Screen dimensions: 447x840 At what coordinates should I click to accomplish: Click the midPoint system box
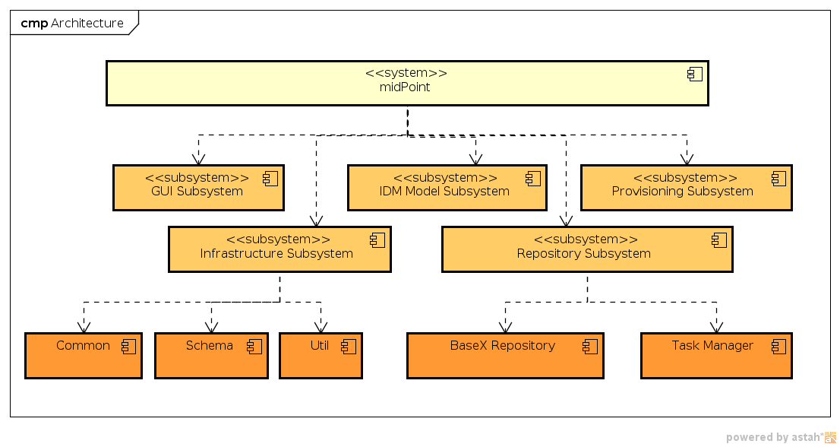(406, 83)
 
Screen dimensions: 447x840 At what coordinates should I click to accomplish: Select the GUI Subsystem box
(197, 188)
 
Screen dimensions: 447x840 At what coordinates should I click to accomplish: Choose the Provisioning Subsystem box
(686, 188)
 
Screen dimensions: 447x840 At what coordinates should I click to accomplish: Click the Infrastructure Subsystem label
(276, 253)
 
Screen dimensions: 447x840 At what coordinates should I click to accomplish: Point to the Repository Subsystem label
(583, 253)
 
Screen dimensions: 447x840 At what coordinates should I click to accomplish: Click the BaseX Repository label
(502, 346)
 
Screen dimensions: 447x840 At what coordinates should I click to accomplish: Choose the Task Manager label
(712, 346)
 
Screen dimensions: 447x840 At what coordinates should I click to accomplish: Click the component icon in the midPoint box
(694, 74)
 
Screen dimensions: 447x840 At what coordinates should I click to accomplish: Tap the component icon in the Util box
(349, 347)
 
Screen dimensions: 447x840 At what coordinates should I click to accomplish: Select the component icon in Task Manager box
(778, 347)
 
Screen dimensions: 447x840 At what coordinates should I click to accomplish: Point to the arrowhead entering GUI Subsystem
(198, 159)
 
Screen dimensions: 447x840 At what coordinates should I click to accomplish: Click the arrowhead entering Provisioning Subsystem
(687, 159)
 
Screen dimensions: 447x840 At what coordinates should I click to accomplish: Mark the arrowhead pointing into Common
(84, 326)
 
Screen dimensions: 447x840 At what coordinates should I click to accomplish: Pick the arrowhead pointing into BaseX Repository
(505, 326)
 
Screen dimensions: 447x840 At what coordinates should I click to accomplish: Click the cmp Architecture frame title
(72, 23)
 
